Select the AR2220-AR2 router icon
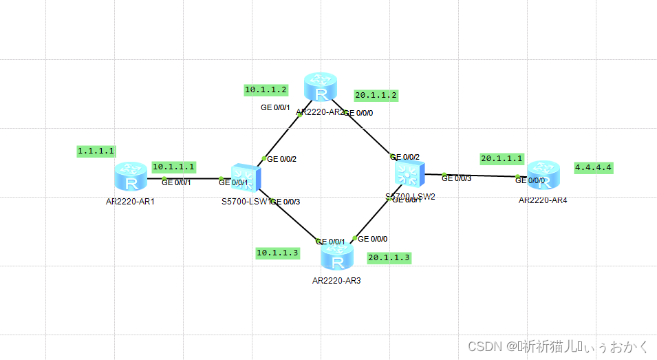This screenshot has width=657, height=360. click(x=321, y=87)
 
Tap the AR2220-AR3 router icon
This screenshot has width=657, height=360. click(x=337, y=257)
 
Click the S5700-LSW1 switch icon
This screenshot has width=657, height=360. click(x=246, y=178)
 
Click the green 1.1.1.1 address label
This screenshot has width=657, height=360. click(x=96, y=151)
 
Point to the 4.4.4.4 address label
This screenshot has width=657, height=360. click(x=593, y=167)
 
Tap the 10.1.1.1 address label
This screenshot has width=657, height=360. click(x=174, y=167)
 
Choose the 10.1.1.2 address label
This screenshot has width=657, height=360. click(x=266, y=89)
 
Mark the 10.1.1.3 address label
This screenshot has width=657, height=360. click(x=277, y=253)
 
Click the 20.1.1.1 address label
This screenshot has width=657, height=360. click(x=502, y=159)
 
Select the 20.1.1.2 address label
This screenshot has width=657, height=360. click(x=376, y=95)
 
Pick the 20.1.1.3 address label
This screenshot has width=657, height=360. click(x=389, y=257)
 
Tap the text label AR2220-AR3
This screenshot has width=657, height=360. click(x=336, y=281)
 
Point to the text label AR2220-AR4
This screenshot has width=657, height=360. click(x=543, y=200)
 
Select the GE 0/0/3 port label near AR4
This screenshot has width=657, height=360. click(x=456, y=179)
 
